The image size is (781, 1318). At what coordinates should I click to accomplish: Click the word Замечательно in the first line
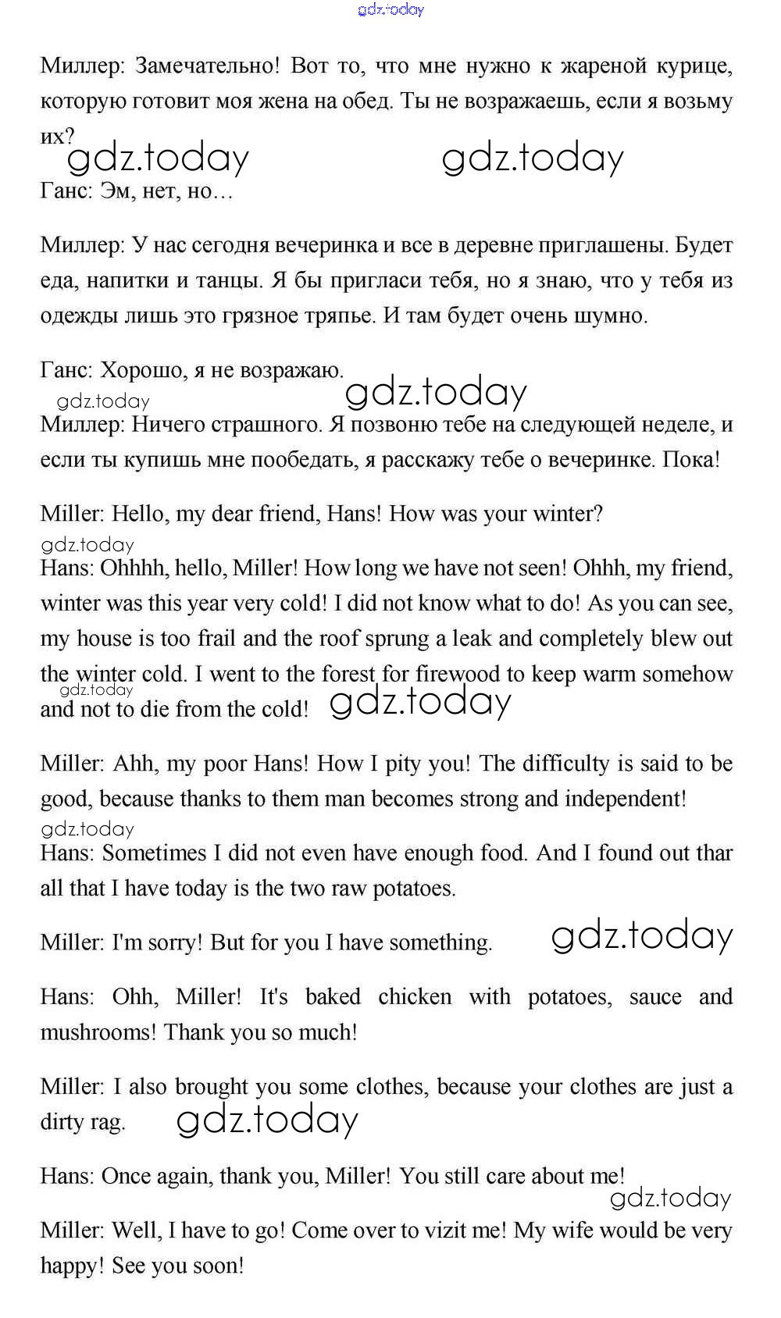(x=207, y=66)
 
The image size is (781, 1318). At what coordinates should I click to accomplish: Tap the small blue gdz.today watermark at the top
(x=390, y=9)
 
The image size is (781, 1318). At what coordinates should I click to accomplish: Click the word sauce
(x=654, y=997)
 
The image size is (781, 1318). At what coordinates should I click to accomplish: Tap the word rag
(x=107, y=1122)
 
